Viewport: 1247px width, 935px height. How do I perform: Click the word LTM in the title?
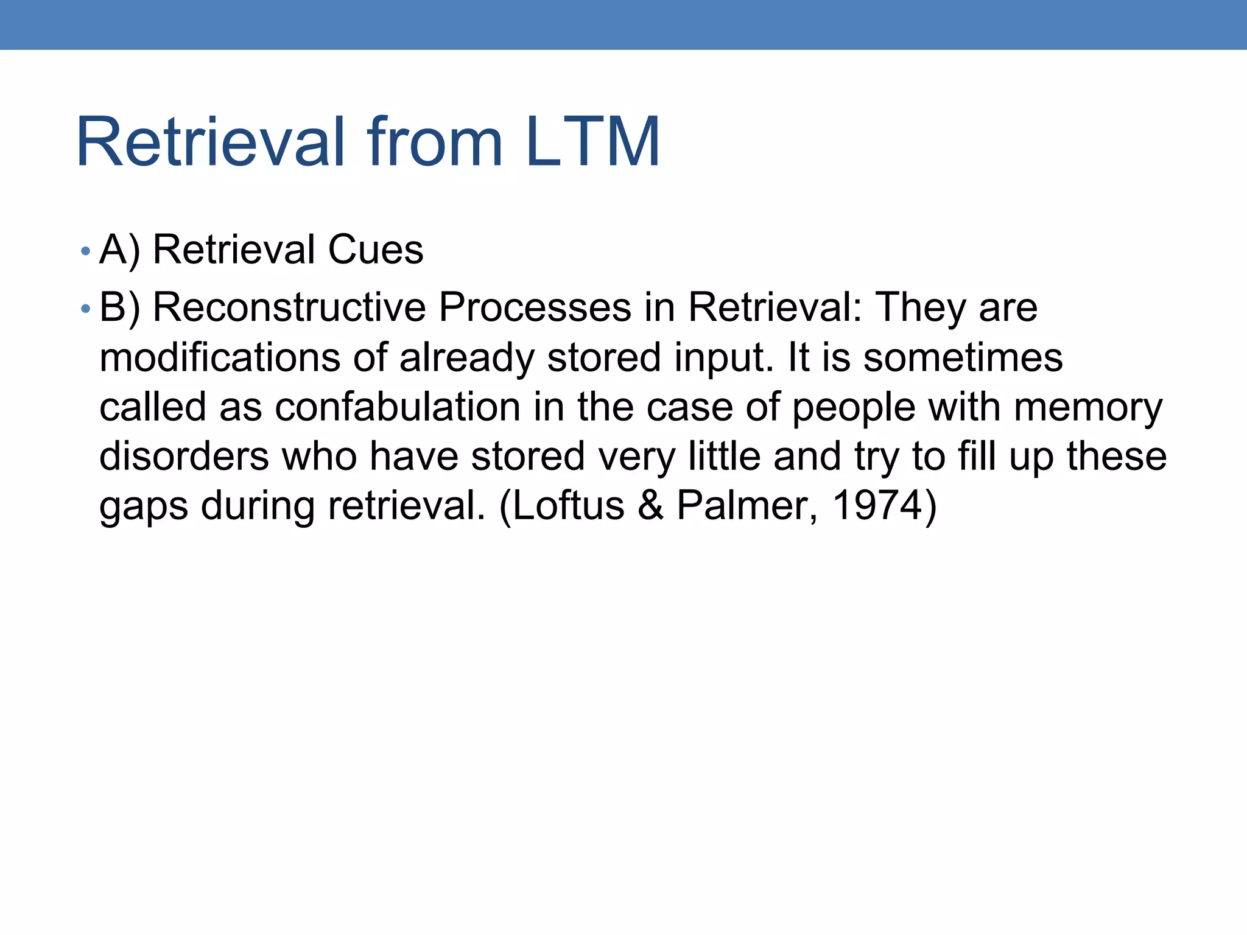click(x=592, y=142)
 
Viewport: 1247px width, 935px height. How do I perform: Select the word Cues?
click(x=375, y=250)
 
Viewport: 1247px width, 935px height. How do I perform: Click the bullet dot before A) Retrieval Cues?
click(x=85, y=251)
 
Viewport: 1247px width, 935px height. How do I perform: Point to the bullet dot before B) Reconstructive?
click(x=85, y=309)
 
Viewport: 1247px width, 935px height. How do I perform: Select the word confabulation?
click(x=398, y=407)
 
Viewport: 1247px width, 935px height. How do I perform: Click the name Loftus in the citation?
click(x=569, y=505)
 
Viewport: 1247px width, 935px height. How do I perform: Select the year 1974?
click(x=877, y=505)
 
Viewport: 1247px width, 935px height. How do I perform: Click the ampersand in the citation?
click(x=651, y=505)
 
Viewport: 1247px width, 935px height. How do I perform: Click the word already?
click(x=466, y=359)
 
